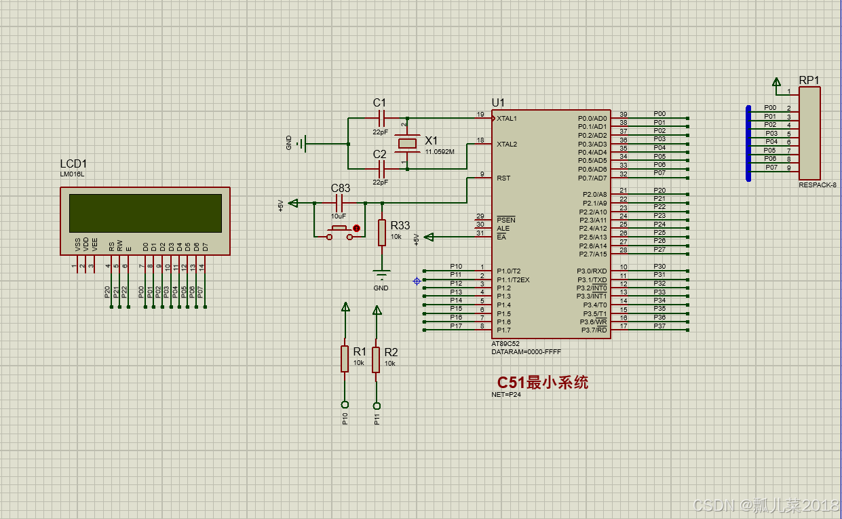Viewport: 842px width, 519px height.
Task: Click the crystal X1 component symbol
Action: pos(407,143)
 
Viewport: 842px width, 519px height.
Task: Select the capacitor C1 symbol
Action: pos(380,118)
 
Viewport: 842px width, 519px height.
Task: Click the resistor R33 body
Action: pos(382,232)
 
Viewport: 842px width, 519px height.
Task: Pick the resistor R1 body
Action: pos(345,359)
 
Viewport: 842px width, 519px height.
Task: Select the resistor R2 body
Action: pos(376,359)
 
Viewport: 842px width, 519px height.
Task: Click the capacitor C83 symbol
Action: pos(340,203)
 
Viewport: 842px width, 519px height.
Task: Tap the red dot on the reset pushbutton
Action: pos(356,229)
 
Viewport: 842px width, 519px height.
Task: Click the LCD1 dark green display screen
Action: pos(145,212)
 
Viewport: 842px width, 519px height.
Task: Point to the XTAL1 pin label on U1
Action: pos(507,119)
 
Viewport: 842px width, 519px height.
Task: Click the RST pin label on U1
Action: pos(503,178)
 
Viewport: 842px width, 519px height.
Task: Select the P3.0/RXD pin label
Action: pos(592,271)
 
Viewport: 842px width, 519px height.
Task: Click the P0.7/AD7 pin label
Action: pos(592,178)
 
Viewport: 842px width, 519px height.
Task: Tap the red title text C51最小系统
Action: pos(542,383)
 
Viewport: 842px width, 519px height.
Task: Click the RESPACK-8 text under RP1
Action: pos(818,185)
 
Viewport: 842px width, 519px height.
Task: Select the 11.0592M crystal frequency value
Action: pos(440,152)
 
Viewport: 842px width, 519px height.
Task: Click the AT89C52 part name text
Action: pos(505,344)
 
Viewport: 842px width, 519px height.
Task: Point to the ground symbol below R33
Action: pos(381,275)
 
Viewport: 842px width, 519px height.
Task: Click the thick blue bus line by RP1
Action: pos(748,143)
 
